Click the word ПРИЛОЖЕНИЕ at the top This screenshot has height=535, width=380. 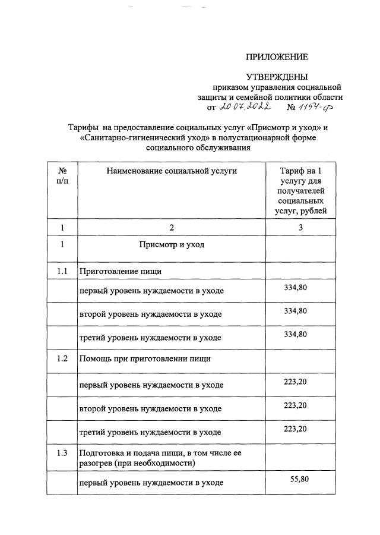click(277, 58)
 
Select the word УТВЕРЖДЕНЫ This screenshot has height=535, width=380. click(277, 77)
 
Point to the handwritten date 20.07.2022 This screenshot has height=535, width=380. click(245, 107)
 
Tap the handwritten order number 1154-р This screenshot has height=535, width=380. click(319, 107)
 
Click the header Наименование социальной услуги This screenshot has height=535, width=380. click(172, 171)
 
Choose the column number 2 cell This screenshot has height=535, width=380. click(172, 227)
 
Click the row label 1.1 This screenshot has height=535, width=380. click(62, 272)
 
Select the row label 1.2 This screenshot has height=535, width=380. click(62, 358)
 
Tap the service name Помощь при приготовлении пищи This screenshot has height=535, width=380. click(145, 359)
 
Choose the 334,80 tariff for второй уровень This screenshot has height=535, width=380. click(295, 311)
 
